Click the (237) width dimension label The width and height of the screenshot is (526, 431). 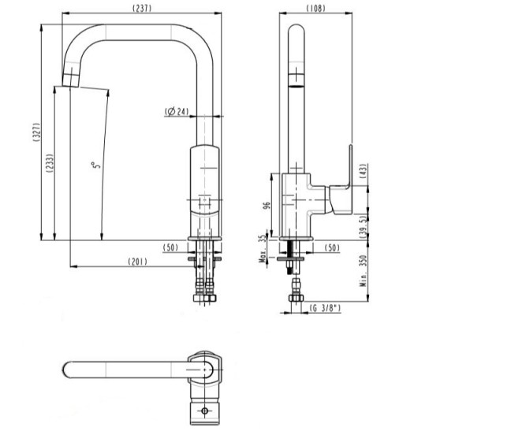tap(141, 8)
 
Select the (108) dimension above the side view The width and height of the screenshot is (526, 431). tap(317, 8)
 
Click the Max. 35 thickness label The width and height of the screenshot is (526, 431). tap(262, 248)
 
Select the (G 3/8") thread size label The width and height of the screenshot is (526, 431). tap(323, 309)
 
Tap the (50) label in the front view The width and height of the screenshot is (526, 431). tap(170, 247)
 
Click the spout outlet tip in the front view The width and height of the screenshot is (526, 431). tap(71, 80)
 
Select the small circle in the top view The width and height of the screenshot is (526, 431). tap(204, 411)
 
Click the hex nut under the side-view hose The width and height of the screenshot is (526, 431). tap(297, 299)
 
